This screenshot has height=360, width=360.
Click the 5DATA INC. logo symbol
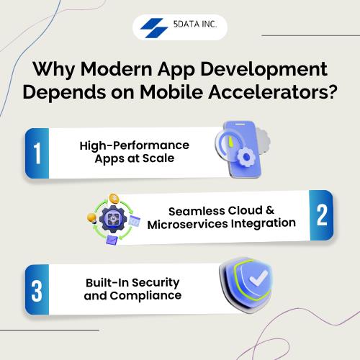[154, 27]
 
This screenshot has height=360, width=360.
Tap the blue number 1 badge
[37, 153]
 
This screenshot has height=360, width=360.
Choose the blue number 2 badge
[322, 215]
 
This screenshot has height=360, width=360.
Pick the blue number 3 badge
[37, 289]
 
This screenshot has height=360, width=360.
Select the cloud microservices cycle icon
[112, 218]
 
